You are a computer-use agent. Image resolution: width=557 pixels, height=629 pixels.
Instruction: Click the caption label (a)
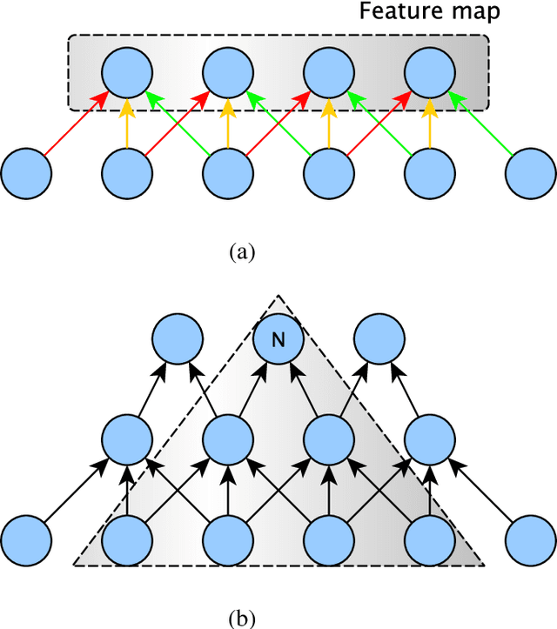pos(241,251)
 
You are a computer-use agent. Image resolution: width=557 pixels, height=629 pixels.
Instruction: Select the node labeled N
pos(278,340)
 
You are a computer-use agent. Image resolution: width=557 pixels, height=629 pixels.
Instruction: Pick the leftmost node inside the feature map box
pos(128,72)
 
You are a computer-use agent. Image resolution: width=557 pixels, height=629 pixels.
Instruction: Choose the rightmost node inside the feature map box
pos(431,72)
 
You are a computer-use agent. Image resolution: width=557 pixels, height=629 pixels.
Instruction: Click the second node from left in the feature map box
pos(229,72)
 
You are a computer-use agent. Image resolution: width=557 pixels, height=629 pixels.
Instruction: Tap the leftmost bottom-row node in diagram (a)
pos(27,172)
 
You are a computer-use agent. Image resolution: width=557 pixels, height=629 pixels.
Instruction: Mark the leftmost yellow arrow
pos(128,122)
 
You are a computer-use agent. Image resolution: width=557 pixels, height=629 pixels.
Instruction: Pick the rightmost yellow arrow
pos(431,122)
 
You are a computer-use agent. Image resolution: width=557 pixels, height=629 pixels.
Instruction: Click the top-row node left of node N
pos(178,340)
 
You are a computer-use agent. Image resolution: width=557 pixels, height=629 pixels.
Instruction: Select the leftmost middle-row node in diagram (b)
pos(128,439)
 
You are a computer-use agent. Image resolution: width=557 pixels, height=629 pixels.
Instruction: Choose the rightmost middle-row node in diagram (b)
pos(431,439)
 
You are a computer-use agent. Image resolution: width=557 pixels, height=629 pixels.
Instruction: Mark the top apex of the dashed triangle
pos(278,296)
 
